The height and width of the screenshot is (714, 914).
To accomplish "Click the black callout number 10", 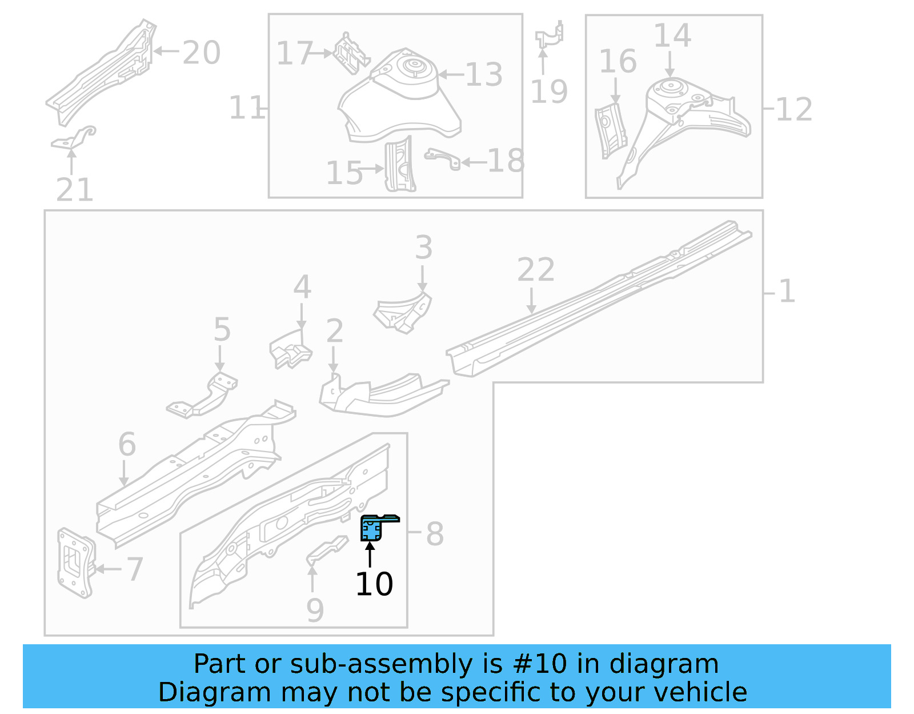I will pos(374,584).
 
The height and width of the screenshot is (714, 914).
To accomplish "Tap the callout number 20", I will pos(201,53).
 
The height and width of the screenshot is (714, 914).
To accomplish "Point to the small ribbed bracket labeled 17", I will pos(351,54).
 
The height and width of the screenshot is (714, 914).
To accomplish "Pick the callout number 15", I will pos(344,173).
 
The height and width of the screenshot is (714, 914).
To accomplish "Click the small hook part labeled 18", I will pos(443,158).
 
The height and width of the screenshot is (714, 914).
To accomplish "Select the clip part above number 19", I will pos(550,35).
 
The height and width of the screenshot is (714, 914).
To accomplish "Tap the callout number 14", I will pos(672,35).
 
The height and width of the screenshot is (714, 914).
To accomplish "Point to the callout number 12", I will pos(793,109).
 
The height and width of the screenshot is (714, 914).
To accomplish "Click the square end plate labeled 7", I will pos(75,563).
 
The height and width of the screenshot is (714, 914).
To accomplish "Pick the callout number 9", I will pos(315,610).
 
